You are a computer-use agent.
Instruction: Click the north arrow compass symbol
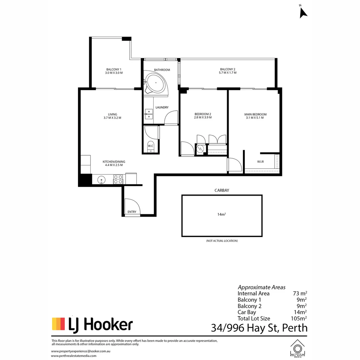click(303, 12)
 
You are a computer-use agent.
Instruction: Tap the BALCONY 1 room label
click(114, 69)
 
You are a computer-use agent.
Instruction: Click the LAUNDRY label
click(162, 107)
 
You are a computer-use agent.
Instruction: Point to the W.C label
click(150, 146)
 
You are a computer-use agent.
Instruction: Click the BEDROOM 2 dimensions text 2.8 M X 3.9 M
click(203, 118)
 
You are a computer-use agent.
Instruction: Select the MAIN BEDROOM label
click(255, 114)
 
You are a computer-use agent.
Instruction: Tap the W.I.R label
click(260, 162)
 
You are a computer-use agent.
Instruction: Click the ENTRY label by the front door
click(132, 212)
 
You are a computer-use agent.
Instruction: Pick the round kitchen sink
click(102, 180)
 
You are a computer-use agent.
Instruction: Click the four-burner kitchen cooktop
click(118, 179)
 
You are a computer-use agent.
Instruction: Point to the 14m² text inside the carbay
click(222, 214)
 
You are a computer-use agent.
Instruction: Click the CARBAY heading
click(222, 191)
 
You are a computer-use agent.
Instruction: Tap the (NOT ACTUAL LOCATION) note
click(222, 241)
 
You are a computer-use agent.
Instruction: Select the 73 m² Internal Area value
click(299, 294)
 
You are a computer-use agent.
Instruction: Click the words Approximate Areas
click(261, 287)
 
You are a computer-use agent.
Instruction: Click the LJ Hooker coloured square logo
click(58, 324)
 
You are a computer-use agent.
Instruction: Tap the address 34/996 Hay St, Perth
click(259, 328)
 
